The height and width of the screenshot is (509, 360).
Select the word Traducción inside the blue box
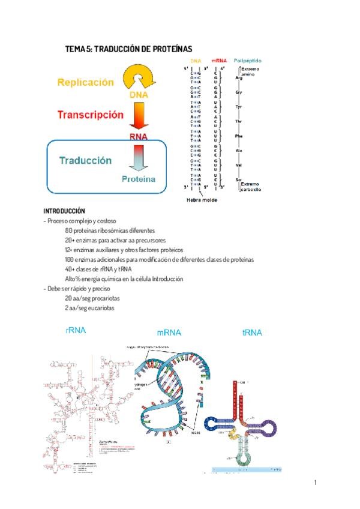click(x=85, y=160)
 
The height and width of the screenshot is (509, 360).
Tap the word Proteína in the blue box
click(x=139, y=178)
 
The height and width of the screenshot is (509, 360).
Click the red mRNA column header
click(x=218, y=61)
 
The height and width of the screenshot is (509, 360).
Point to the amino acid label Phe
click(x=239, y=136)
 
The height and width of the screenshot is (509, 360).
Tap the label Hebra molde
click(x=202, y=200)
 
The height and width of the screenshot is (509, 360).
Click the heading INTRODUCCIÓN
click(x=64, y=211)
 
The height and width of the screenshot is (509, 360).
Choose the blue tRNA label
click(x=252, y=332)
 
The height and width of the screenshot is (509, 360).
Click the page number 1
click(x=315, y=482)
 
